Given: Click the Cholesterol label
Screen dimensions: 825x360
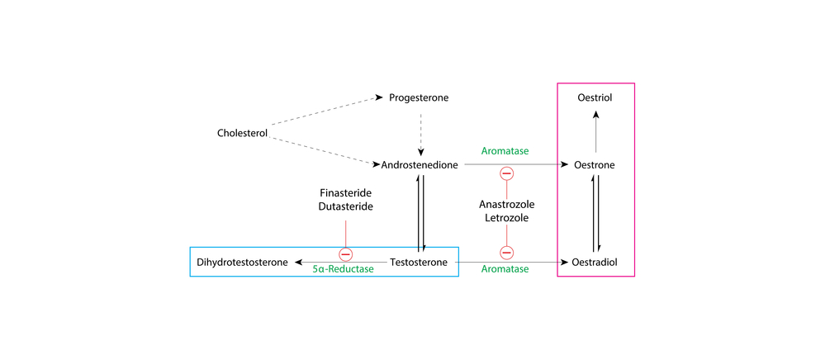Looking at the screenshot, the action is (x=243, y=133).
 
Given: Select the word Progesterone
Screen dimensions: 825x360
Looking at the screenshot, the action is (x=419, y=98).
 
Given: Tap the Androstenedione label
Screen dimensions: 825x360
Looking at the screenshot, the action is (x=420, y=165).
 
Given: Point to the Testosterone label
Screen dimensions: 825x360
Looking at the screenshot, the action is (x=419, y=262).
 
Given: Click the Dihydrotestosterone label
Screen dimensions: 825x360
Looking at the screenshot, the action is (x=242, y=262).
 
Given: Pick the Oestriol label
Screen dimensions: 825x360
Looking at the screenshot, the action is (x=595, y=98).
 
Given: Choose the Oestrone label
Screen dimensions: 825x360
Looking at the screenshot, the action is (x=595, y=165).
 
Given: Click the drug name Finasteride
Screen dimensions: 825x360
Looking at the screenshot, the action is (x=346, y=194).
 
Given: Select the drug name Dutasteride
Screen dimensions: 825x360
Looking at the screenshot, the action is (x=346, y=206).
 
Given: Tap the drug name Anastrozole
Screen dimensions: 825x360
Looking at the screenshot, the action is (x=507, y=204).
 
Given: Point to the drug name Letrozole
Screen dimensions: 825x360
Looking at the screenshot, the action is (x=507, y=217).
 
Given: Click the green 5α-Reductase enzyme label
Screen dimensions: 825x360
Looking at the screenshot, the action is (x=343, y=269).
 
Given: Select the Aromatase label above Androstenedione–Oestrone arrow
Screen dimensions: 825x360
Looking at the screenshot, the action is (x=505, y=151).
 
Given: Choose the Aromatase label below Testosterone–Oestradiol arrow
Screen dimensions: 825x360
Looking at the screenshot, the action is (x=505, y=269).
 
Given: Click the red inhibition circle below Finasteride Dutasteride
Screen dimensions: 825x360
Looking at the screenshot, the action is (x=346, y=255).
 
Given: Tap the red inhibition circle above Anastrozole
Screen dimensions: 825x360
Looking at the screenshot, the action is (x=507, y=173).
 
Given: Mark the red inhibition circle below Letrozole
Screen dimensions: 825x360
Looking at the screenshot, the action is (x=507, y=253).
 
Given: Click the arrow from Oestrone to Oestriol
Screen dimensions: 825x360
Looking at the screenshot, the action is (x=595, y=131).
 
